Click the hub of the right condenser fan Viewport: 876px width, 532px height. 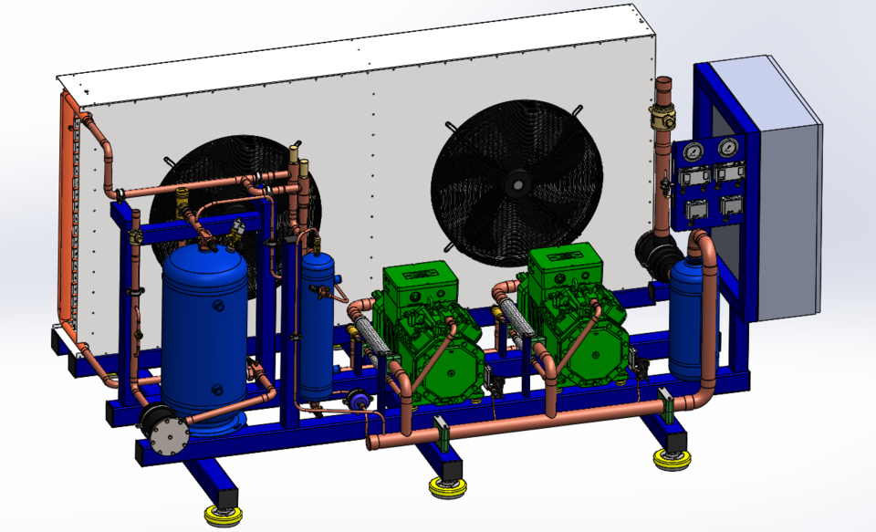[x=517, y=183]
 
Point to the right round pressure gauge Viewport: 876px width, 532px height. [x=728, y=148]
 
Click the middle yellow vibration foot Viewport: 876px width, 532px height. [x=446, y=487]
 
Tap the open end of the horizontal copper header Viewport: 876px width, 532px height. [x=372, y=443]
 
